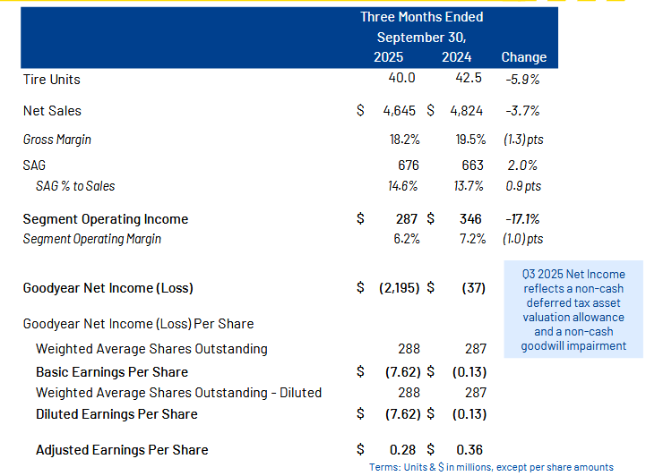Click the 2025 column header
pyautogui.click(x=388, y=57)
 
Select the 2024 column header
pyautogui.click(x=457, y=57)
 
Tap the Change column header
pyautogui.click(x=523, y=57)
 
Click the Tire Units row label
pyautogui.click(x=52, y=80)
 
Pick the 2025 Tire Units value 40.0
pyautogui.click(x=401, y=78)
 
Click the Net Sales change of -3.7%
pyautogui.click(x=523, y=111)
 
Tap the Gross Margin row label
pyautogui.click(x=57, y=140)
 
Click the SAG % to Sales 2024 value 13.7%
pyautogui.click(x=469, y=186)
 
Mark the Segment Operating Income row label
pyautogui.click(x=106, y=219)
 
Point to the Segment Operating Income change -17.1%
pyautogui.click(x=523, y=219)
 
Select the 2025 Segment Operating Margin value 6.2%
pyautogui.click(x=404, y=239)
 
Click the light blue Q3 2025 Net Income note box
pyautogui.click(x=573, y=310)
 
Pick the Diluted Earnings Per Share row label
pyautogui.click(x=116, y=414)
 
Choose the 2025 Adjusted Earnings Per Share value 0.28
pyautogui.click(x=404, y=450)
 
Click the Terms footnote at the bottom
pyautogui.click(x=491, y=467)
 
